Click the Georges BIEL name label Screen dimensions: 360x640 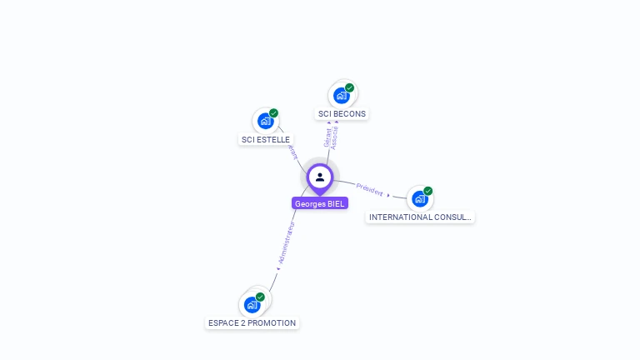320,203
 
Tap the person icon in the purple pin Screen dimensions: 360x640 320,177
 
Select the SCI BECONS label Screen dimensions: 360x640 342,114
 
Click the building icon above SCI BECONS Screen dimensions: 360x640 341,96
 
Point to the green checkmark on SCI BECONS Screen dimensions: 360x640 350,87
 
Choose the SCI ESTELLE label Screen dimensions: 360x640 265,140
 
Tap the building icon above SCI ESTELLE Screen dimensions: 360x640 265,122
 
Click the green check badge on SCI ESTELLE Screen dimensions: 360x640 274,113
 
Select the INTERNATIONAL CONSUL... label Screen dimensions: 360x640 420,217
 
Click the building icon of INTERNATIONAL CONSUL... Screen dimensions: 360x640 419,199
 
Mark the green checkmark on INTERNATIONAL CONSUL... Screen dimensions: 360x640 428,191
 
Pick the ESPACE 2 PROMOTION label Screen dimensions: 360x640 251,323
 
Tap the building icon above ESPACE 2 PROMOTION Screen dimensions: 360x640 252,305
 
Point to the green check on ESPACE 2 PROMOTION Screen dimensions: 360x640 261,297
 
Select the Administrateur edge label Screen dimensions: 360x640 287,243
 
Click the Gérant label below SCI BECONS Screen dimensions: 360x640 327,137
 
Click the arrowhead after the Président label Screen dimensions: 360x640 389,195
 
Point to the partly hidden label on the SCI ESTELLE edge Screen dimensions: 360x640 292,152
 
